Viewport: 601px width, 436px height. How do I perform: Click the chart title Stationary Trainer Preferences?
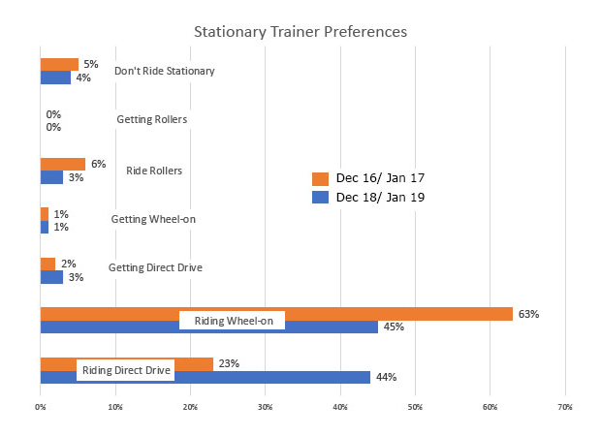pos(300,31)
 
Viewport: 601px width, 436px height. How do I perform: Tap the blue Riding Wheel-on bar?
pos(330,327)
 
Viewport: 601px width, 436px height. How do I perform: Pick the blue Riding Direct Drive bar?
pos(291,377)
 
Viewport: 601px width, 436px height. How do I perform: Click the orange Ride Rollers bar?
pos(62,164)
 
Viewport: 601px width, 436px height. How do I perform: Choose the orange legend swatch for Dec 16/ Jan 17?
pos(318,178)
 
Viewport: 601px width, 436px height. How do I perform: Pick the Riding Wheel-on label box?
pos(232,320)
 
